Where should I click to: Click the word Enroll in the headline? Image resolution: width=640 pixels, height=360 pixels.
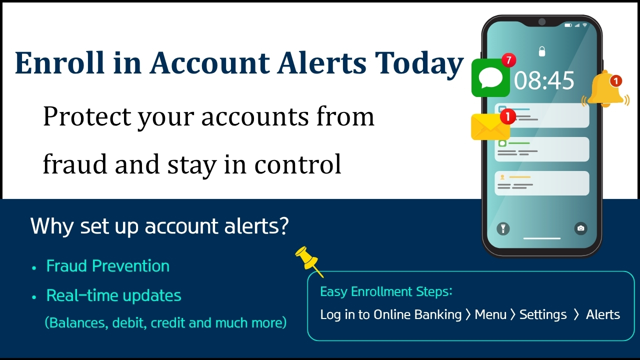59,62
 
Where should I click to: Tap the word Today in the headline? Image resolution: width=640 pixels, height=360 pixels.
419,65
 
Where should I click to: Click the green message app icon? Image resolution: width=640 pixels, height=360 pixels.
490,78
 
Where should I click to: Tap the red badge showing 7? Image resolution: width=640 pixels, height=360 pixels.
509,60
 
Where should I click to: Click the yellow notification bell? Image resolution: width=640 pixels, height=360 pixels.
605,89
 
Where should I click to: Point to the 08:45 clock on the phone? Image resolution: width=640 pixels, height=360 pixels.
544,80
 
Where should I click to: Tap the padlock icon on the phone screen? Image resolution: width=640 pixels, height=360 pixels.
542,51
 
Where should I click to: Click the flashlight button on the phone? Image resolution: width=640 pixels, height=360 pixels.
503,228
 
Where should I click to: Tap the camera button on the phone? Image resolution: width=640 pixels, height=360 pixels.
581,228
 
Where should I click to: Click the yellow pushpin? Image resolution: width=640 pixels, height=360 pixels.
308,261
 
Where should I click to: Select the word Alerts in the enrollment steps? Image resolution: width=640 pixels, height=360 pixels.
603,314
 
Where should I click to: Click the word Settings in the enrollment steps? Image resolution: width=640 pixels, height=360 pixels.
543,315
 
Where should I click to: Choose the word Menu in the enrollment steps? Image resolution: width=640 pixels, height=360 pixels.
490,314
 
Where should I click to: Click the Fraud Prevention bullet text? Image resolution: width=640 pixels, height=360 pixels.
107,266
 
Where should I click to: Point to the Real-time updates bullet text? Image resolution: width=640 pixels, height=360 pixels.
113,295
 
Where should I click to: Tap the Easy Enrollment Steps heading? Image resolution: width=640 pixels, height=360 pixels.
386,291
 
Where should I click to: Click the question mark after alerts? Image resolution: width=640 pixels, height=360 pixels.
283,226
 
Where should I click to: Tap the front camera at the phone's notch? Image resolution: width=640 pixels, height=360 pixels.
542,21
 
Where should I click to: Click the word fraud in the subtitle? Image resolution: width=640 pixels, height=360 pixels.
75,164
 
